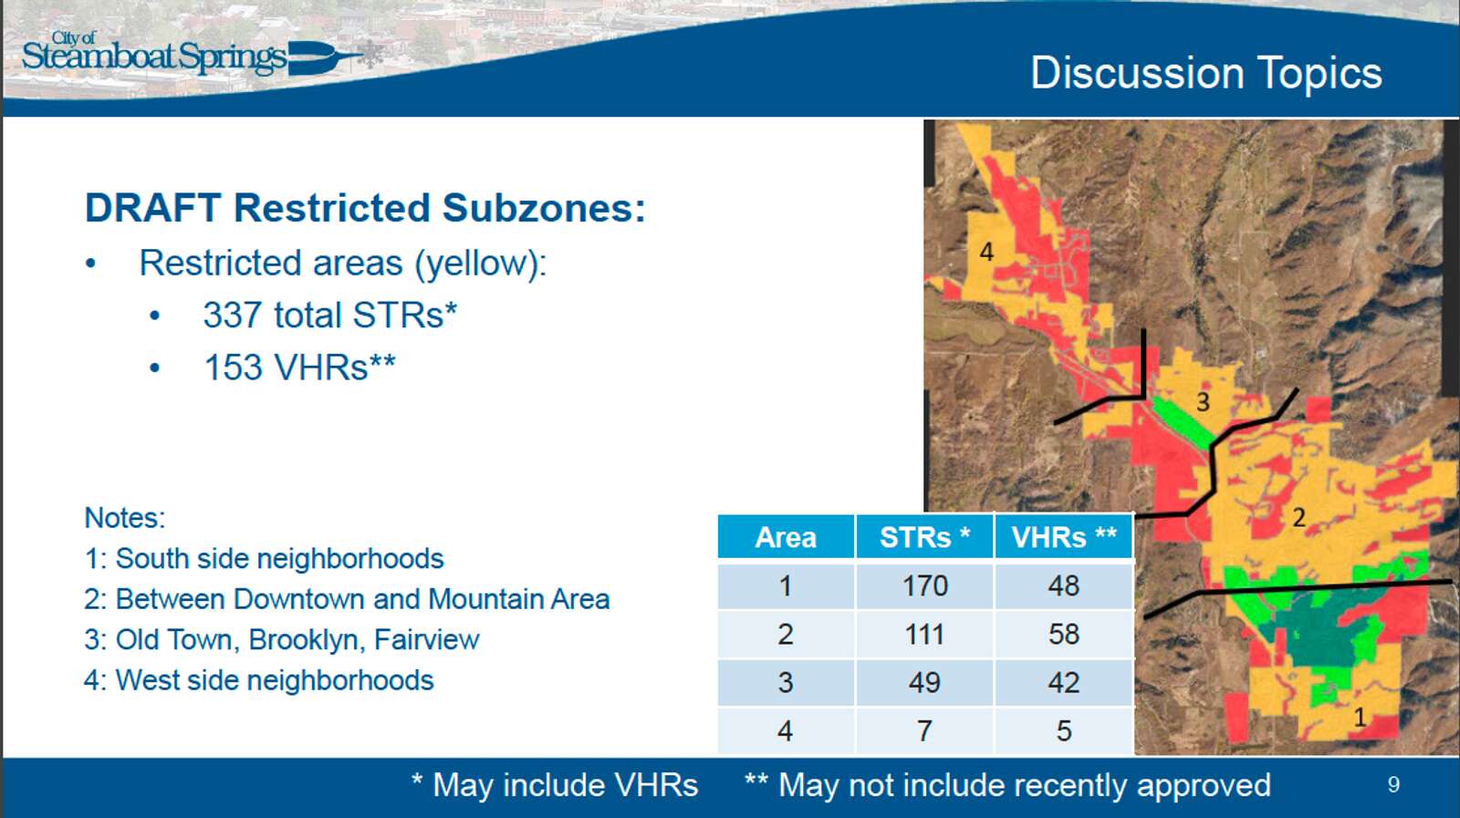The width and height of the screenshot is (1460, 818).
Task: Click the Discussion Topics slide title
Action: pos(1205,73)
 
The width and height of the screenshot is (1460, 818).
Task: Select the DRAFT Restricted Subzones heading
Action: pos(365,209)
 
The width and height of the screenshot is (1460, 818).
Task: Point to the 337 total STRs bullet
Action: pos(330,316)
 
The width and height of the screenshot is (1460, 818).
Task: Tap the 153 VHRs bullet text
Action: pos(300,368)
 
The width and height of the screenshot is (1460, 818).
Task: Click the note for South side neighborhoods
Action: pos(264,559)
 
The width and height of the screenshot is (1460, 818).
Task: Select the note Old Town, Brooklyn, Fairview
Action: pos(282,640)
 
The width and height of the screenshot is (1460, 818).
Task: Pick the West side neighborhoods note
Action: pos(259,680)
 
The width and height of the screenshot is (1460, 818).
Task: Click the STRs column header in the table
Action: pos(924,537)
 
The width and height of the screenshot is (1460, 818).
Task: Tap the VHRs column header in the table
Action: pos(1064,537)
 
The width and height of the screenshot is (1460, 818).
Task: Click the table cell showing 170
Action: pos(924,586)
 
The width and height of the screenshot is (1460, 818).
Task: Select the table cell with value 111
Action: pos(924,635)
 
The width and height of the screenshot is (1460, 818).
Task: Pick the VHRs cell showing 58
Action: pos(1064,635)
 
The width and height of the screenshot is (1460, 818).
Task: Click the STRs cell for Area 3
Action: pos(924,682)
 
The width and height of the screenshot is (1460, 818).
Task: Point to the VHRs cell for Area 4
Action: pos(1064,730)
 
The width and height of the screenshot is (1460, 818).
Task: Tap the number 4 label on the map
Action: pos(986,252)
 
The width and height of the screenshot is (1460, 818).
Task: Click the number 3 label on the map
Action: pos(1204,402)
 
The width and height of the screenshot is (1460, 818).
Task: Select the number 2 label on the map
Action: pos(1299,518)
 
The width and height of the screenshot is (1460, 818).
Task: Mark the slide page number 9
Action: pos(1393,785)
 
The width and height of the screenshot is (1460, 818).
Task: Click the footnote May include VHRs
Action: pos(556,785)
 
